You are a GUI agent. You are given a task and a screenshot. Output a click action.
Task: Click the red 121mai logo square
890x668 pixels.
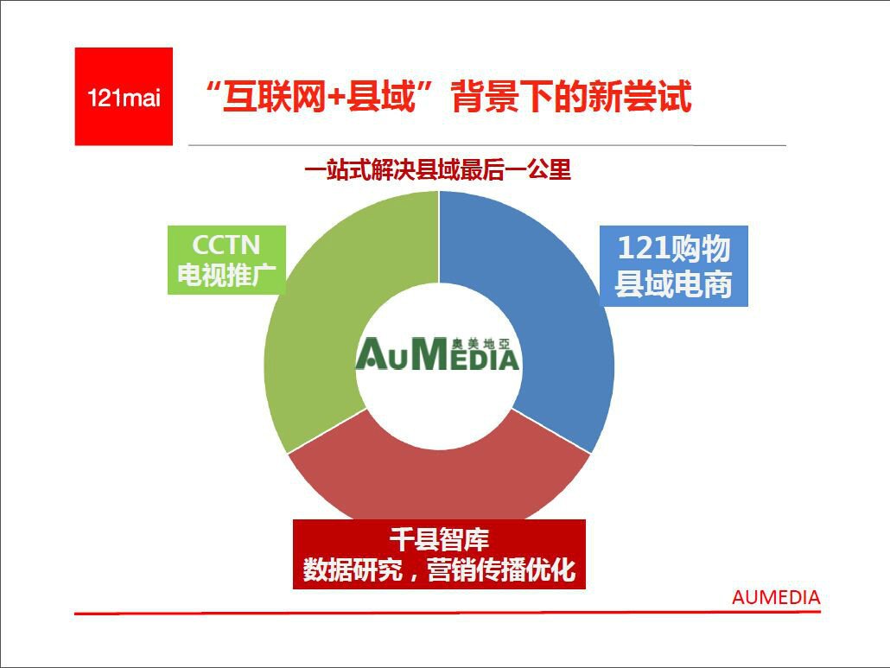tap(124, 97)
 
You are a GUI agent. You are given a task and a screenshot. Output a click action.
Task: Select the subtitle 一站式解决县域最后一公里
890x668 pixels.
tap(437, 169)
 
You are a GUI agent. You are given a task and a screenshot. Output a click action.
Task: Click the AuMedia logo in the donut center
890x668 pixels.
tap(437, 354)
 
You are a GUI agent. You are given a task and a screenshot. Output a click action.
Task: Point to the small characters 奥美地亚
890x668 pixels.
tap(481, 343)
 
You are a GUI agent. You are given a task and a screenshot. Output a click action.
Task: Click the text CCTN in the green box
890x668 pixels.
tap(226, 245)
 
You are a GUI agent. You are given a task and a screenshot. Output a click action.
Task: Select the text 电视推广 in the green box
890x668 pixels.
tap(226, 275)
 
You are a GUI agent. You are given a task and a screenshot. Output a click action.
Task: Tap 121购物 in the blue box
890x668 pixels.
tap(674, 249)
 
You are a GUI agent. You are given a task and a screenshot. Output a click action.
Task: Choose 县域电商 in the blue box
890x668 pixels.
tap(674, 283)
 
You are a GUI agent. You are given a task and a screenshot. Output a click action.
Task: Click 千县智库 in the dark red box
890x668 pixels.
tap(439, 539)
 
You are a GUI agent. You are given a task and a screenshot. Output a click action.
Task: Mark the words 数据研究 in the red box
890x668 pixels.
tap(353, 569)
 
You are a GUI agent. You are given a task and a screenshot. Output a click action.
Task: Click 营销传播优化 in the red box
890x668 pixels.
tap(501, 569)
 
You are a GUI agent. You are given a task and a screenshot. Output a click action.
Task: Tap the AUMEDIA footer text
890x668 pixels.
tap(776, 598)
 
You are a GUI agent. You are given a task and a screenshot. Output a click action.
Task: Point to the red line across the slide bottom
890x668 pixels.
tap(448, 613)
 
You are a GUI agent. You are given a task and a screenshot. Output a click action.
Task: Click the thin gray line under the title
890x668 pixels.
tap(487, 145)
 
